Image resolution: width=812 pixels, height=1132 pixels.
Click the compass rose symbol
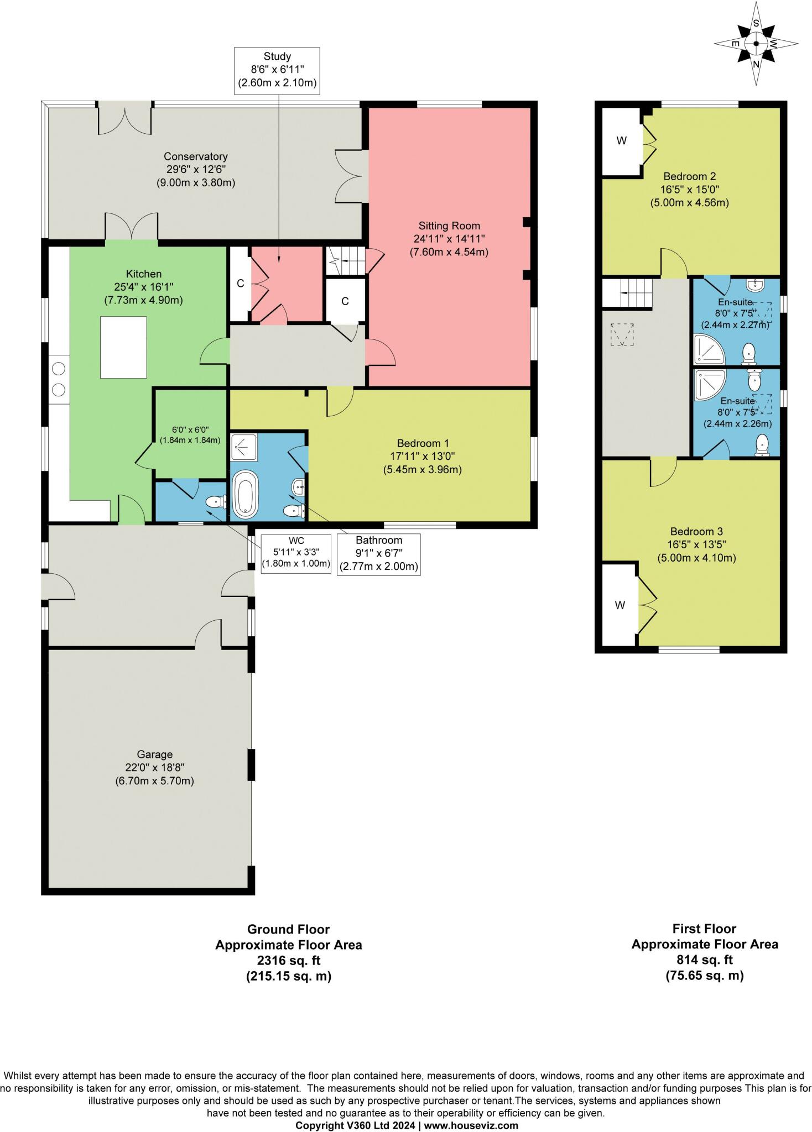(756, 44)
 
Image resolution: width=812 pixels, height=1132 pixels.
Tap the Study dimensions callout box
(277, 70)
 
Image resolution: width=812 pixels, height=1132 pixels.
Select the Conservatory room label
(195, 169)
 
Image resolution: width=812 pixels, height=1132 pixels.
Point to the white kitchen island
(123, 347)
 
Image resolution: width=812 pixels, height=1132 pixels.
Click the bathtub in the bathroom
(244, 494)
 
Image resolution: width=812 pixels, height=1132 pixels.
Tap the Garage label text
(154, 767)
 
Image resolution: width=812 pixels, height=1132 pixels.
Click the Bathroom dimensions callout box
(378, 553)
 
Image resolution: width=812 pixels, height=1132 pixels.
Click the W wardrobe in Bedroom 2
(621, 141)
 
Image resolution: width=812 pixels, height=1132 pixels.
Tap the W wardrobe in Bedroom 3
(620, 605)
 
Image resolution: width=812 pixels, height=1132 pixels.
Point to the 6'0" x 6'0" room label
(190, 434)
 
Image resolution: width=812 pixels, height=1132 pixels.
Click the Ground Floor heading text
(288, 929)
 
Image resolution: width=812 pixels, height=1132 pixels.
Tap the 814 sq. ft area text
(704, 959)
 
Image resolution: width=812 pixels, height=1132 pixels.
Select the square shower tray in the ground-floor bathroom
(244, 447)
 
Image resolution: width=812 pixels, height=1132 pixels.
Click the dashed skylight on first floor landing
(623, 334)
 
